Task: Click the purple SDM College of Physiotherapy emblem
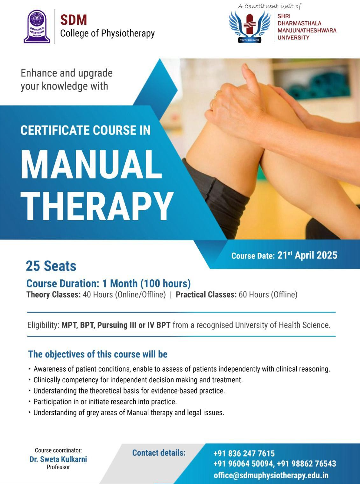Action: point(37,26)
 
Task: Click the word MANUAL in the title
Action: point(91,164)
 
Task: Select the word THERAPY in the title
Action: point(97,206)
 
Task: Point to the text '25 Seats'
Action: point(51,266)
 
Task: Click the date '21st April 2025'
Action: point(307,255)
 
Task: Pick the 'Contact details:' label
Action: point(159,453)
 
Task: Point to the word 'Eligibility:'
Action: point(43,325)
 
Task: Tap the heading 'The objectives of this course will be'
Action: point(98,354)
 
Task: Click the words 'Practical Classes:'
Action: point(206,295)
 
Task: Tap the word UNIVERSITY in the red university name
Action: point(293,38)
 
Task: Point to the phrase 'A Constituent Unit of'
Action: point(270,6)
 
